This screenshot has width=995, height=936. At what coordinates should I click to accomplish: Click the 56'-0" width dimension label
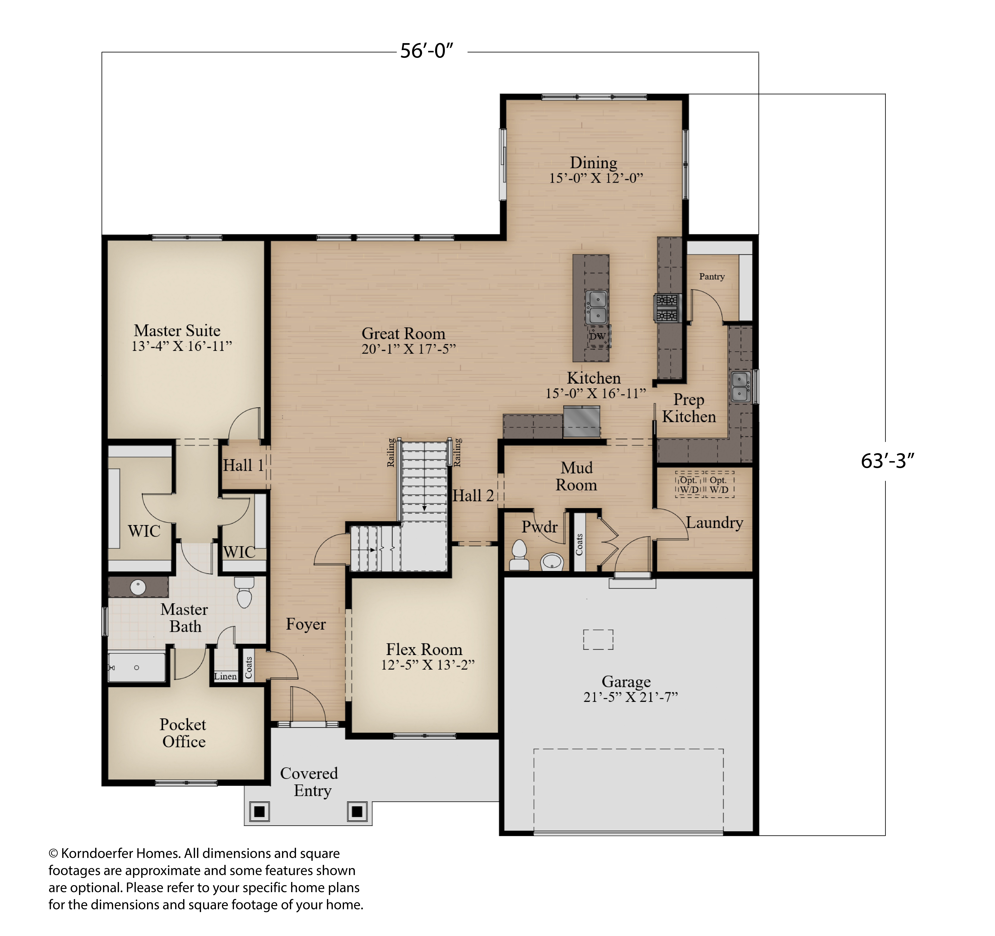426,51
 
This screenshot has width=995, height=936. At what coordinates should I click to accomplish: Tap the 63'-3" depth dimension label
887,461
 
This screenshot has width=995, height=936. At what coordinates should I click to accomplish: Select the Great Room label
403,333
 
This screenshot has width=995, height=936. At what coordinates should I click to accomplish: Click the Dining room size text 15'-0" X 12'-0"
596,178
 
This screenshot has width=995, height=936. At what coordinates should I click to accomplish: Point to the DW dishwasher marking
597,336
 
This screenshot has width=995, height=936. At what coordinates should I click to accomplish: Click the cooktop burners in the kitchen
667,308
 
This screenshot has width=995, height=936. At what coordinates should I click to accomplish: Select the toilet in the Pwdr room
520,555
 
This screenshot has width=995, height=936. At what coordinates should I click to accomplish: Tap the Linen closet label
225,676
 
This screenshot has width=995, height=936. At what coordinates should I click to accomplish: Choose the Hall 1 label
243,465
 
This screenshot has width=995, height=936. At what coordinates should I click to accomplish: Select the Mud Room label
577,476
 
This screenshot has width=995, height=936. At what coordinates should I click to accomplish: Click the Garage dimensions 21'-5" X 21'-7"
631,697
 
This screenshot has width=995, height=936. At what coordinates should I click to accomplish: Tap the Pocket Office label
183,733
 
